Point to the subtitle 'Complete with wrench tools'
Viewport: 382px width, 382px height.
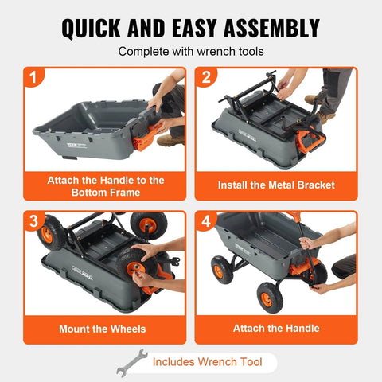tap(190, 52)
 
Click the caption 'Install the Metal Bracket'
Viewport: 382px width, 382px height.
tap(276, 185)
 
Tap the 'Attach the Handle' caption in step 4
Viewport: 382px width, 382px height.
tap(276, 328)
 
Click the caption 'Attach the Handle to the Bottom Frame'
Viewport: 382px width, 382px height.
tap(105, 186)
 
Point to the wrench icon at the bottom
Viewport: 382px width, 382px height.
tap(131, 363)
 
